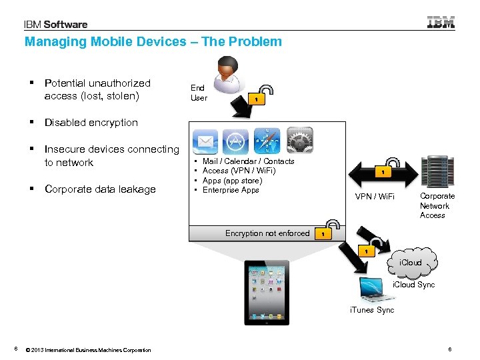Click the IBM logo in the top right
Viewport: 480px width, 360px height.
(x=441, y=23)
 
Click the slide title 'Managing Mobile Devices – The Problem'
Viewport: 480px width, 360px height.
(x=153, y=42)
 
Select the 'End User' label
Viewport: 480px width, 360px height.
(x=199, y=93)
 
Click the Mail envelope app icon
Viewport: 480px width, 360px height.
(x=205, y=141)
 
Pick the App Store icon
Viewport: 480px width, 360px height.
(x=235, y=141)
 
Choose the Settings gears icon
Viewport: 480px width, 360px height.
(x=300, y=141)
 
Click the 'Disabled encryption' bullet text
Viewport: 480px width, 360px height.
(x=91, y=123)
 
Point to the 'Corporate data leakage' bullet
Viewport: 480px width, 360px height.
(x=100, y=189)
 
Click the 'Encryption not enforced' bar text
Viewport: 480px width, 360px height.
(x=267, y=233)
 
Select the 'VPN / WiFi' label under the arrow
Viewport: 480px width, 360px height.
(x=375, y=197)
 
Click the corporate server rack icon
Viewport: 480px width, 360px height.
(x=437, y=171)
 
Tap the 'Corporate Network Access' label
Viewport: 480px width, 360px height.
(x=437, y=206)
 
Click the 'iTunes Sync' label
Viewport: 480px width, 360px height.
(x=372, y=310)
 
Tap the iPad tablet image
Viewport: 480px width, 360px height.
(x=267, y=292)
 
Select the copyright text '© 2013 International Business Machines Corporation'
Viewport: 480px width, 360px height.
(x=88, y=350)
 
